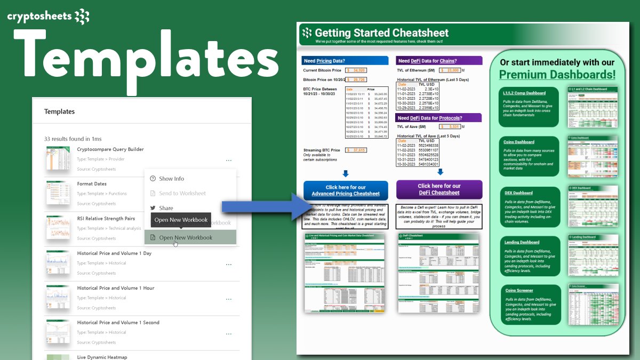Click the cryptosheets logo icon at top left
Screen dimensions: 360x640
tap(82, 17)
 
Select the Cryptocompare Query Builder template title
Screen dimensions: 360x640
tap(110, 149)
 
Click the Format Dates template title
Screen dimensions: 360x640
tap(92, 184)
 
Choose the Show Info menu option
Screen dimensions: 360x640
tap(171, 179)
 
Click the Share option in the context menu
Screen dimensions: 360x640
tap(166, 208)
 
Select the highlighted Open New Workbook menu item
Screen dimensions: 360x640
tap(186, 237)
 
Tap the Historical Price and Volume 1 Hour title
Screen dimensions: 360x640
tap(115, 288)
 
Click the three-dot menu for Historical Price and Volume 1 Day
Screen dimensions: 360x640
tap(228, 264)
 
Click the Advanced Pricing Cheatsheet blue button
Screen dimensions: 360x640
tap(346, 190)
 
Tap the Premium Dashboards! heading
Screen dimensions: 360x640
tap(557, 75)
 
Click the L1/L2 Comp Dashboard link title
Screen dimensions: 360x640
tap(524, 93)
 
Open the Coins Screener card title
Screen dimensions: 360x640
tap(518, 290)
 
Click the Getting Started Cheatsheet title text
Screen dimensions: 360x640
tap(381, 33)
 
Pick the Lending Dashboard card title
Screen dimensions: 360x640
tap(522, 242)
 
